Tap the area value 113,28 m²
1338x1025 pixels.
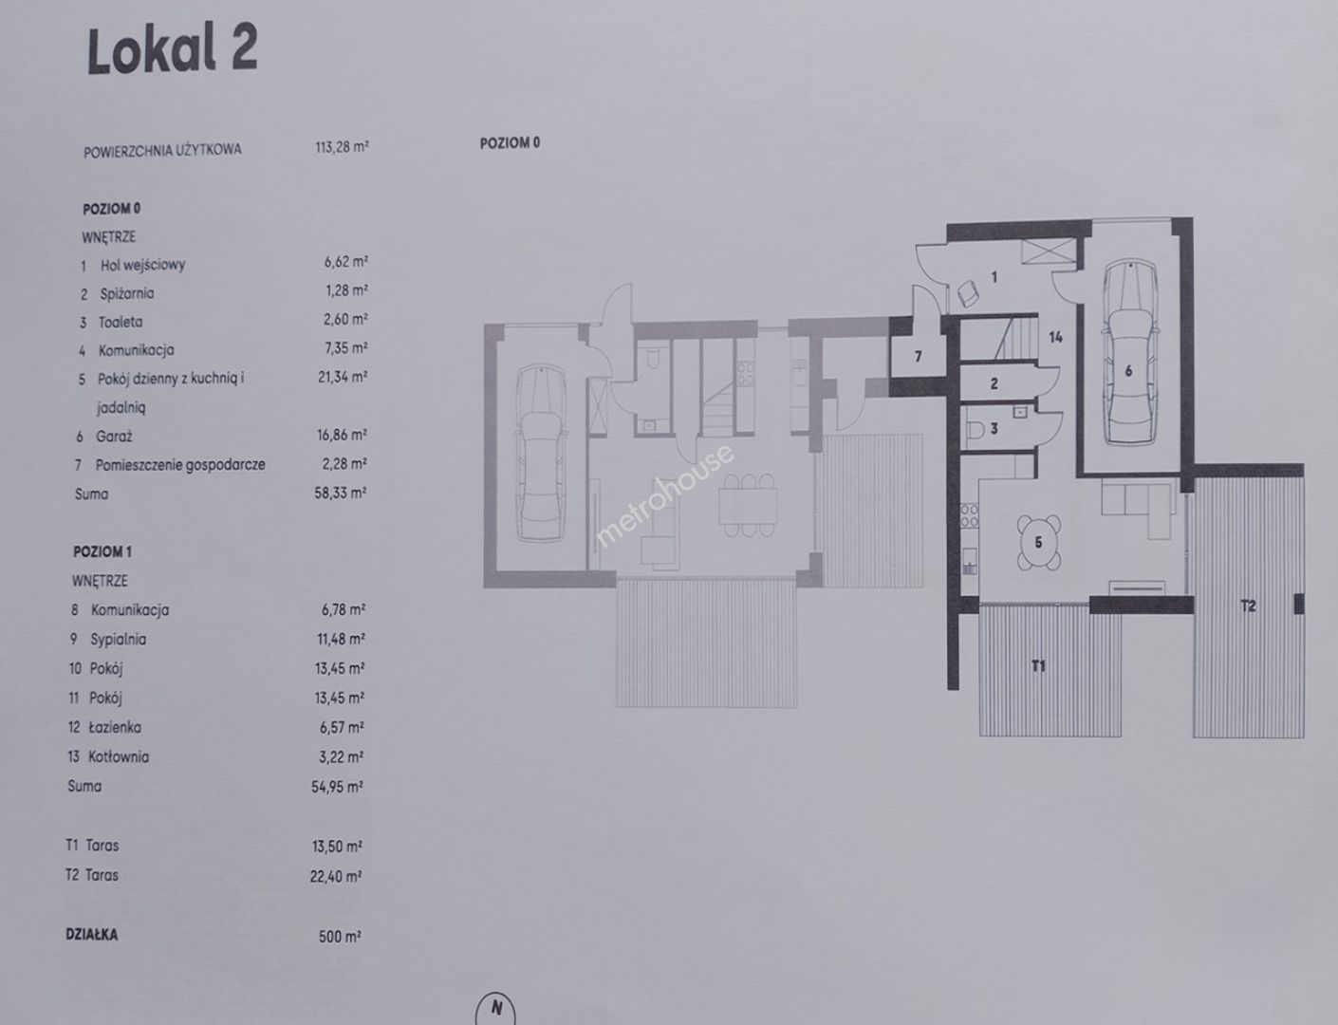tap(342, 147)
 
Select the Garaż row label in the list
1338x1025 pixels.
tap(114, 437)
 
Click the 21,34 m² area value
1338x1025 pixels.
tap(343, 377)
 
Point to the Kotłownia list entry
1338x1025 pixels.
tap(119, 756)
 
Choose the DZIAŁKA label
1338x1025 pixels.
tap(92, 935)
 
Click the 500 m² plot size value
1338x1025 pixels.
tap(340, 937)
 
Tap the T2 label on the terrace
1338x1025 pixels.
tap(1248, 606)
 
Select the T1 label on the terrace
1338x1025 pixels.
tap(1038, 666)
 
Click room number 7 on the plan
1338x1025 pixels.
tap(918, 357)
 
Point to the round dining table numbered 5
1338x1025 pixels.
tap(1039, 542)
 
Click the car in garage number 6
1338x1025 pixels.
tap(1129, 351)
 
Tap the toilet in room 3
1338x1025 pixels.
tap(976, 429)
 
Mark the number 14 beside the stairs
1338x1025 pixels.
tap(1055, 337)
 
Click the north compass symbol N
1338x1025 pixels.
tap(495, 1008)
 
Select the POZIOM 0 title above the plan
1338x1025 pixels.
tap(510, 142)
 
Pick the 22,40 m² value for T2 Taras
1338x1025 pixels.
tap(336, 876)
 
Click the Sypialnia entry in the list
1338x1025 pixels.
tap(119, 639)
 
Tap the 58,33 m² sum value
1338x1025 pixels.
tap(341, 494)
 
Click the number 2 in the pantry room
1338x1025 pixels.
tap(994, 383)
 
